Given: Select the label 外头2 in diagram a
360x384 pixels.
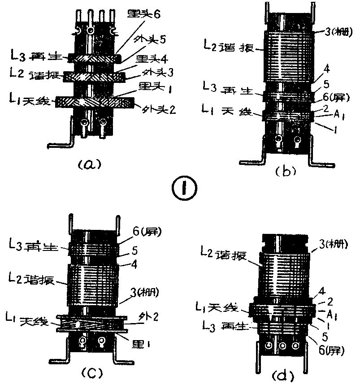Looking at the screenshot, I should click(153, 108).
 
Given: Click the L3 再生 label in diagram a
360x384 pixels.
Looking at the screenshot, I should click(37, 57).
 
